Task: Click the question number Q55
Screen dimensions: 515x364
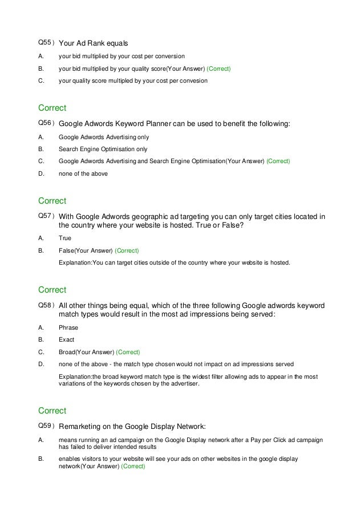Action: (45, 43)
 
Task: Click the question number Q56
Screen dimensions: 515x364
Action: (45, 123)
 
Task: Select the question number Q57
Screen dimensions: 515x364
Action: (45, 216)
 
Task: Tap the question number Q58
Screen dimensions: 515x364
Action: (45, 305)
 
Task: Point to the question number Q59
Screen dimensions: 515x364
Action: (45, 425)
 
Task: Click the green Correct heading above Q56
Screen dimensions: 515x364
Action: (52, 108)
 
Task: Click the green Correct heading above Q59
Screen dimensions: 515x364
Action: (52, 411)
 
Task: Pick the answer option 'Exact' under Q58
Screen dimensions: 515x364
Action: (67, 340)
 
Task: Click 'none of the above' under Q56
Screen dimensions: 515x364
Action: (83, 173)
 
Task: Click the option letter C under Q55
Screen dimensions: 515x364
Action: (40, 81)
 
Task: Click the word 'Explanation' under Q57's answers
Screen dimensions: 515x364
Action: (76, 263)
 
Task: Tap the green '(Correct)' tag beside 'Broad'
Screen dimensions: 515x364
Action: (128, 352)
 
